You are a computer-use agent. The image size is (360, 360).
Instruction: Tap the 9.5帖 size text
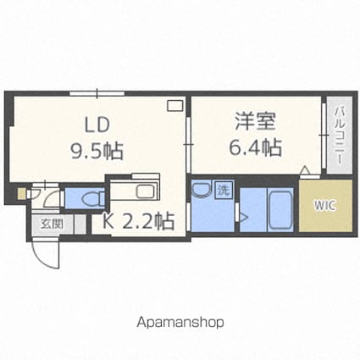97,151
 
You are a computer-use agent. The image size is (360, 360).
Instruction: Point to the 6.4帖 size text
255,147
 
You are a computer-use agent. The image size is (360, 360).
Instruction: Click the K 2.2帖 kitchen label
138,221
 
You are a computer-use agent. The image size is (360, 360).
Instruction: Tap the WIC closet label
325,205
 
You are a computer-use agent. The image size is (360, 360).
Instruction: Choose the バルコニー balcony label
340,136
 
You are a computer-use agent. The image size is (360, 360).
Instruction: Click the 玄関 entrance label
52,224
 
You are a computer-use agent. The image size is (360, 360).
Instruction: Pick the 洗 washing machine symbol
224,191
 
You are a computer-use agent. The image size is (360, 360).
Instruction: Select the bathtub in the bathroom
280,210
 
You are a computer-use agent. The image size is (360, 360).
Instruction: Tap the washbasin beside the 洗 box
201,190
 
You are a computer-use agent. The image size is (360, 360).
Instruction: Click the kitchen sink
145,191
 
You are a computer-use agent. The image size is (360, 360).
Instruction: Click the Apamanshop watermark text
180,323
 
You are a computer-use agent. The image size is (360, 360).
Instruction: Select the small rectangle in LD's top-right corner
175,106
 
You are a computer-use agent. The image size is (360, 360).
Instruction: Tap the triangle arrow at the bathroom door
244,218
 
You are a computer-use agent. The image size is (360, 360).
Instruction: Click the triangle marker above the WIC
305,170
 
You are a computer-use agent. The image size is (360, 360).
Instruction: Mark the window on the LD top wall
97,93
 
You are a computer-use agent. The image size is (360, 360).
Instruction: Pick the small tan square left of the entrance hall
21,194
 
